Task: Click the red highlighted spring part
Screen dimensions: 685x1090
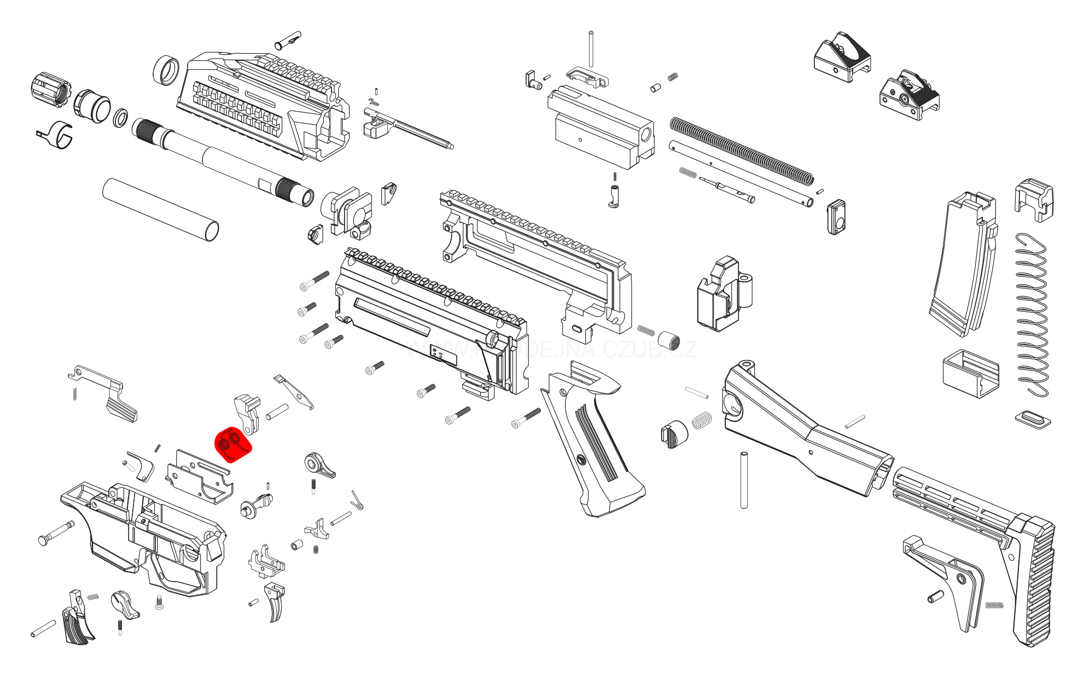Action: tap(233, 444)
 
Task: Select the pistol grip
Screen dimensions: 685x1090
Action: tap(591, 443)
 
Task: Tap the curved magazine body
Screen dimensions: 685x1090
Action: tap(963, 263)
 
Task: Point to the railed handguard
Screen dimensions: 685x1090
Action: tap(263, 104)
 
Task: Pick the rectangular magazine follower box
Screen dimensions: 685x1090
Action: tap(971, 374)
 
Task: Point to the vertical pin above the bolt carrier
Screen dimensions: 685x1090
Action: tap(591, 49)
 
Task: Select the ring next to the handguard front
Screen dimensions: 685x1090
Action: tap(166, 70)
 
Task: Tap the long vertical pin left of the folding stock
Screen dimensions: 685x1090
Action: tap(744, 480)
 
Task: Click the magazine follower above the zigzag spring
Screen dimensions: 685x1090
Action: tap(1034, 200)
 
